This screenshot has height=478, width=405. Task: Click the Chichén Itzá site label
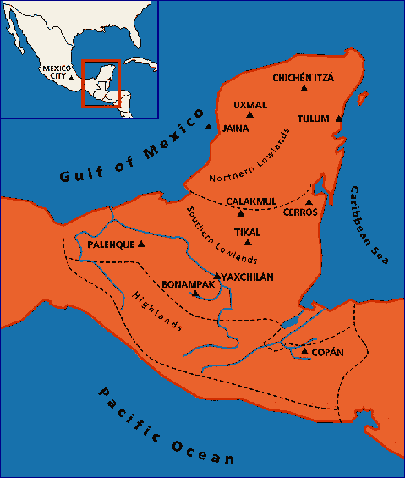click(304, 78)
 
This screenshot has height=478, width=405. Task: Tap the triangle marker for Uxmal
click(249, 115)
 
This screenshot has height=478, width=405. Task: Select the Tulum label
click(313, 118)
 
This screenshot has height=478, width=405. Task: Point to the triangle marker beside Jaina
click(209, 127)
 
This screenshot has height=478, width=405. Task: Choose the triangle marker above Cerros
click(309, 201)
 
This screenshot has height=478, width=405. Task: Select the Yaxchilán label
click(249, 276)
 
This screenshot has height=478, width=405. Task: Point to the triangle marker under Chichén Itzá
click(304, 91)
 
